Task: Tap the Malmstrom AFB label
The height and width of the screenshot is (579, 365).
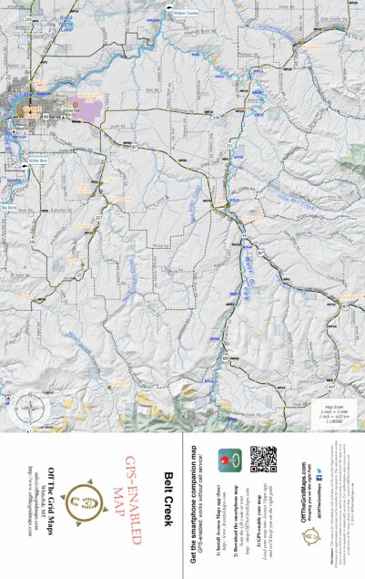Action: point(88,96)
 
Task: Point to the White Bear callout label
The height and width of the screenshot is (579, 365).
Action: point(37,160)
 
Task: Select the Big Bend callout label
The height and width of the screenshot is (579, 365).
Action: point(10,207)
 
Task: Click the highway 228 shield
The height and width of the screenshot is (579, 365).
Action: point(217,119)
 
